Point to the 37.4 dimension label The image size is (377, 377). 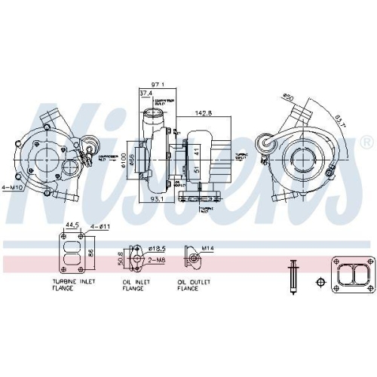[x=145, y=94]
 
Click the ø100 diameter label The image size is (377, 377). [x=120, y=161]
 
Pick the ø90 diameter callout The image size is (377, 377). [x=287, y=97]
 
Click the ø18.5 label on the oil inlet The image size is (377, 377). [x=157, y=248]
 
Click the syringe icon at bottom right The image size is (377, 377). [x=293, y=276]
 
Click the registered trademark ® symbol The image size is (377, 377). [x=366, y=142]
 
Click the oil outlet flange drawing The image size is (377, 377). [x=195, y=261]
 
